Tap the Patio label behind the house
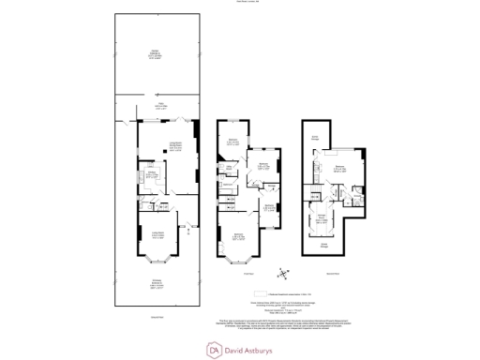[160, 106]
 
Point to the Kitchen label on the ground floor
[149, 173]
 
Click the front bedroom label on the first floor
[239, 236]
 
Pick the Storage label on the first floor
[269, 186]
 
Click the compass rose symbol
[283, 273]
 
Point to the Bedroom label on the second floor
[338, 170]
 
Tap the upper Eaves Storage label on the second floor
[316, 136]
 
